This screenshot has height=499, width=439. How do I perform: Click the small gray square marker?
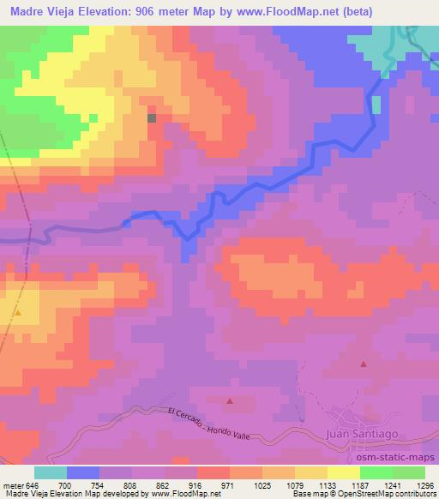152,118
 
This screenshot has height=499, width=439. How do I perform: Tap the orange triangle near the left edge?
17,314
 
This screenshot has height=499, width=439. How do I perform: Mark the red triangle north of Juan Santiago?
363,364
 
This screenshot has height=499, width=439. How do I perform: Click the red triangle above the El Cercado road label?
229,400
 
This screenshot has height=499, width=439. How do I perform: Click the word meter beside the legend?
13,485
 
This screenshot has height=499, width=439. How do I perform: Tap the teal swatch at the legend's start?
50,472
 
